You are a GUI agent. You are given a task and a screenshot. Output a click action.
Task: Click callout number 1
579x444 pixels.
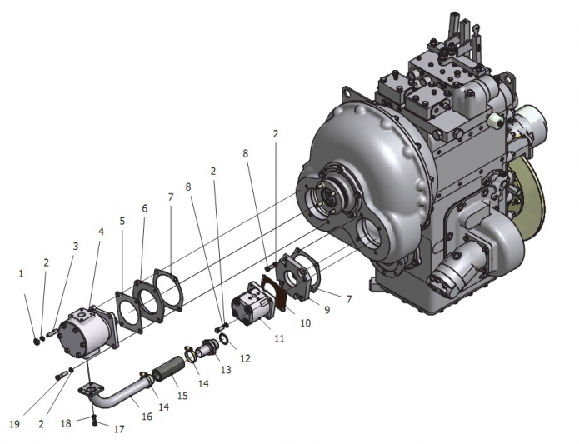tap(21, 274)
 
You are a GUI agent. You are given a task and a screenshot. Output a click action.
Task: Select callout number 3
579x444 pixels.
tap(76, 247)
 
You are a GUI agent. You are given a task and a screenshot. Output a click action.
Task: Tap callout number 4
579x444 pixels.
tap(101, 232)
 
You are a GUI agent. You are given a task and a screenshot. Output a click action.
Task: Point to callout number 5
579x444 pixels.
tap(122, 221)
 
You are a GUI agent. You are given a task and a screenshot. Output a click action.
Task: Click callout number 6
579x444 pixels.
tap(144, 208)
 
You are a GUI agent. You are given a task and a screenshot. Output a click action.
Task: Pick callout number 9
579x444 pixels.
tap(327, 309)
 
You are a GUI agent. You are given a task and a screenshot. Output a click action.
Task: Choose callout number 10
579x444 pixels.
tap(306, 323)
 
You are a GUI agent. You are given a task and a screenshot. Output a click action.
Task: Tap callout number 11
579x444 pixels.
tap(279, 338)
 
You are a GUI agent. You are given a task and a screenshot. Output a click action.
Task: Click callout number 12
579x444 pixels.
tap(246, 358)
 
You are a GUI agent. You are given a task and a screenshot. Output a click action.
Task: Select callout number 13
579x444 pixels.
tap(226, 370)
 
